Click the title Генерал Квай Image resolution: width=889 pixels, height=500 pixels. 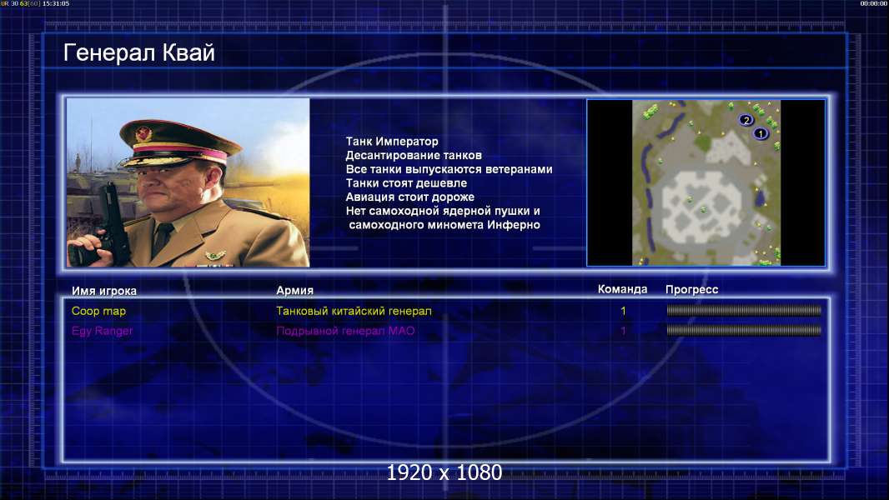pyautogui.click(x=139, y=52)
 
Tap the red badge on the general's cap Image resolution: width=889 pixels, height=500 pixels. pyautogui.click(x=143, y=134)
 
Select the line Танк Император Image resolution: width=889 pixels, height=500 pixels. pyautogui.click(x=392, y=142)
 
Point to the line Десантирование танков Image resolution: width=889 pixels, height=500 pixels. pyautogui.click(x=414, y=155)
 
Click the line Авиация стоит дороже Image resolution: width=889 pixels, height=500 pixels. pyautogui.click(x=410, y=197)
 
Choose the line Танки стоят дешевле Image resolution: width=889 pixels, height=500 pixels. pyautogui.click(x=406, y=182)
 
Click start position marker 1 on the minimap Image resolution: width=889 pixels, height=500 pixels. pyautogui.click(x=761, y=133)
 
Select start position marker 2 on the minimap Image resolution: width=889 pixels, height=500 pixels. pyautogui.click(x=746, y=119)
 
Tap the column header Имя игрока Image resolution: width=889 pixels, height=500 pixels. pyautogui.click(x=103, y=291)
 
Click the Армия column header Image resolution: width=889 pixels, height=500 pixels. pyautogui.click(x=295, y=290)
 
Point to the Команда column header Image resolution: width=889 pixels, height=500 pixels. pyautogui.click(x=622, y=289)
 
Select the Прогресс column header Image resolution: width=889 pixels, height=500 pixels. pyautogui.click(x=691, y=289)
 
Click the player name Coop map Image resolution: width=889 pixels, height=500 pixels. pyautogui.click(x=98, y=311)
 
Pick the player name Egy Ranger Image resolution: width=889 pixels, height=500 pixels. pyautogui.click(x=102, y=331)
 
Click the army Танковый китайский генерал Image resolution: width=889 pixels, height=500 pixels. pyautogui.click(x=354, y=311)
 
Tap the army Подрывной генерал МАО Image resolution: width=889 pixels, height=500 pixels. pyautogui.click(x=345, y=331)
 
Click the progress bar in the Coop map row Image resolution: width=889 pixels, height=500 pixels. pyautogui.click(x=744, y=310)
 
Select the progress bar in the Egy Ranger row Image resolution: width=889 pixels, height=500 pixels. pyautogui.click(x=744, y=330)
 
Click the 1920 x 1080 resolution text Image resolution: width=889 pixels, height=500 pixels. pyautogui.click(x=444, y=472)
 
